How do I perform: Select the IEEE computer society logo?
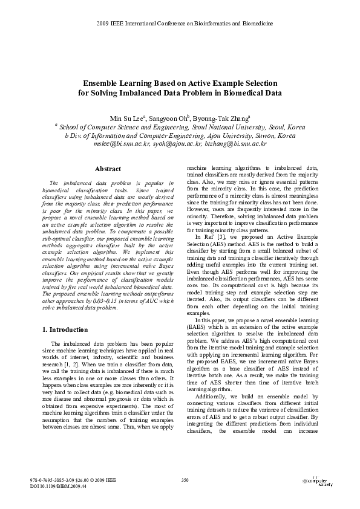click(x=317, y=482)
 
